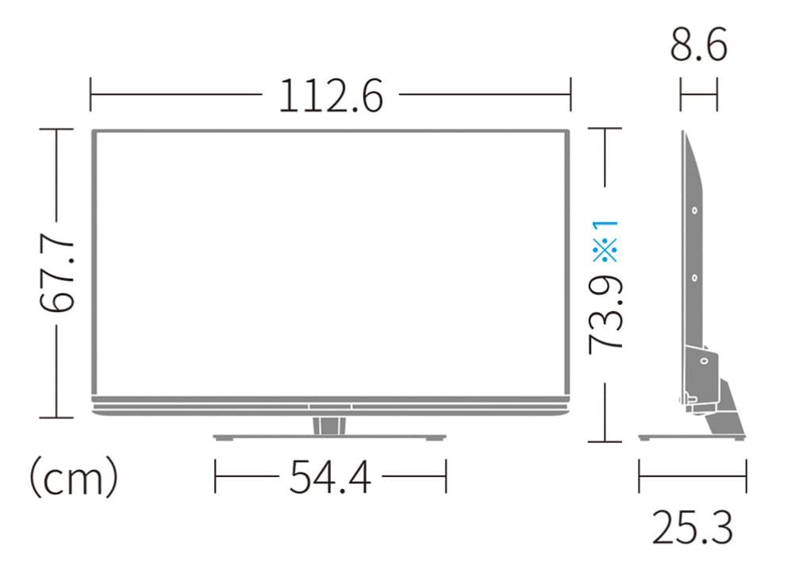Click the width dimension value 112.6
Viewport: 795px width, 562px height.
coord(330,97)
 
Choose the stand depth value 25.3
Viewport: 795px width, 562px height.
coord(692,527)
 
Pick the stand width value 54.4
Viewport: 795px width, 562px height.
coord(330,478)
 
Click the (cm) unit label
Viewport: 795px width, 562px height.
coord(74,478)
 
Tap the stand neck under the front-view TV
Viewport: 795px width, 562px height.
coord(329,425)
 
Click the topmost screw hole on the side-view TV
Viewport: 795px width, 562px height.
coord(694,211)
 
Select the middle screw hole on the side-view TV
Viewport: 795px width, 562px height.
coord(694,278)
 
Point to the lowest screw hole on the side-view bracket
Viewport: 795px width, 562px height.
coord(703,360)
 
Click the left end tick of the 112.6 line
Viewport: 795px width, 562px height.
coord(91,97)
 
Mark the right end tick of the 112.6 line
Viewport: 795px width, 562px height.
coord(570,97)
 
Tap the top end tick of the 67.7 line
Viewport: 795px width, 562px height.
coord(56,129)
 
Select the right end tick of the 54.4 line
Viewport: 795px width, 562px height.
coord(447,478)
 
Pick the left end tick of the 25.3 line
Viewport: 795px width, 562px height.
coord(639,478)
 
